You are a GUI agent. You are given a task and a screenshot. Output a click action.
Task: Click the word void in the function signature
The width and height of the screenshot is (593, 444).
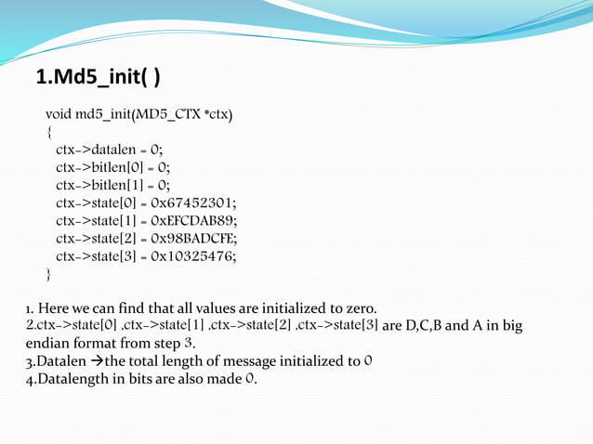[x=59, y=115]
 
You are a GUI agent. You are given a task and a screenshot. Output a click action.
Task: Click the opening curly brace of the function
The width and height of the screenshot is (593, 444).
[x=49, y=133]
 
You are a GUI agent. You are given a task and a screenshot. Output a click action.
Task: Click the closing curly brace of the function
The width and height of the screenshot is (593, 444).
[x=49, y=274]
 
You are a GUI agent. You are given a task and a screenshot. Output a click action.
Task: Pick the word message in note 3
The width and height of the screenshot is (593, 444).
[x=248, y=361]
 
